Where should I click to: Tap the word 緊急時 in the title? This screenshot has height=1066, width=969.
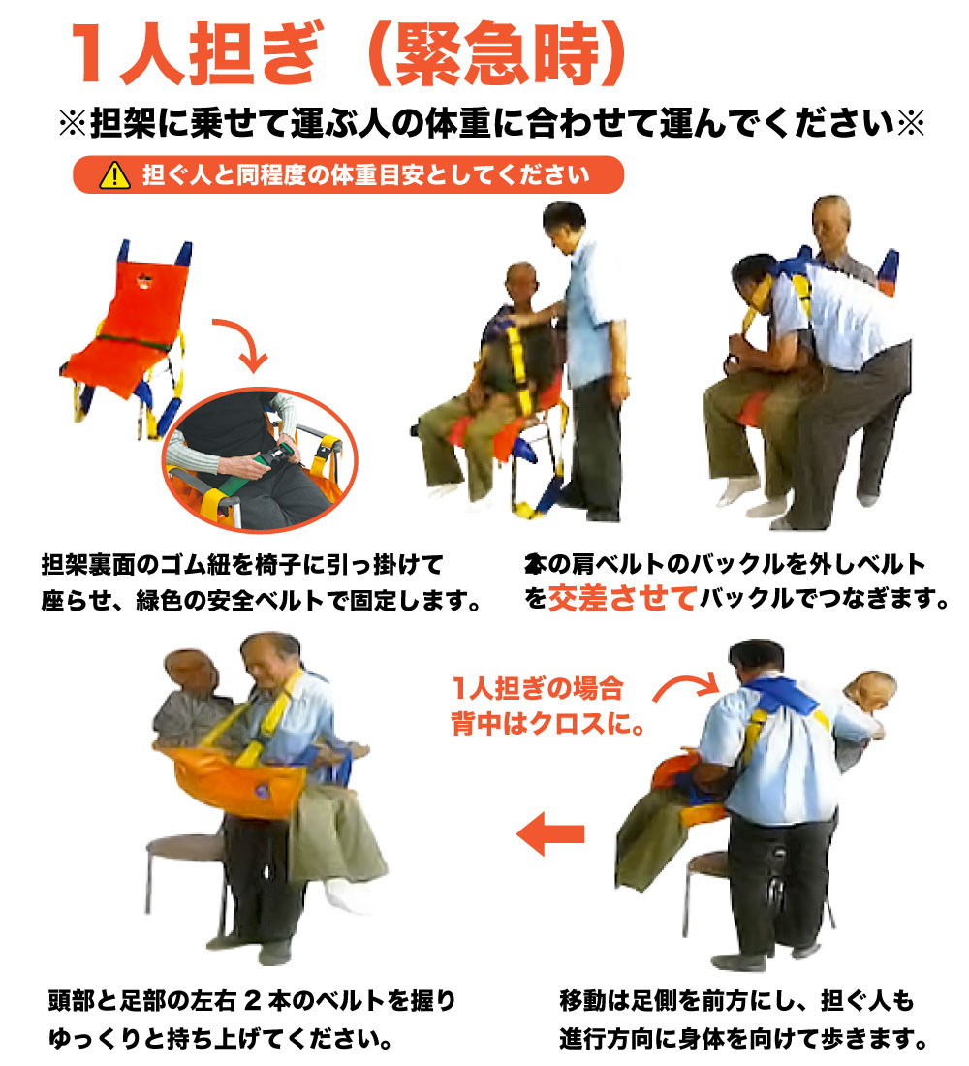(x=495, y=52)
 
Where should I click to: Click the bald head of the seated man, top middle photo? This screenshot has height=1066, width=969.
(x=521, y=281)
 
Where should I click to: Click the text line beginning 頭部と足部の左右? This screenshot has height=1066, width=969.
(x=251, y=999)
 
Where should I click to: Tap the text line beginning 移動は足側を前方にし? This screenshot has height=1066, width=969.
(x=736, y=999)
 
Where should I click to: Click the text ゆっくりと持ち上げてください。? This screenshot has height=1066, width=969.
(x=222, y=1040)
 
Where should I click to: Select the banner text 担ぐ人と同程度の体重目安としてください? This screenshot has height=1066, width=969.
(x=364, y=176)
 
